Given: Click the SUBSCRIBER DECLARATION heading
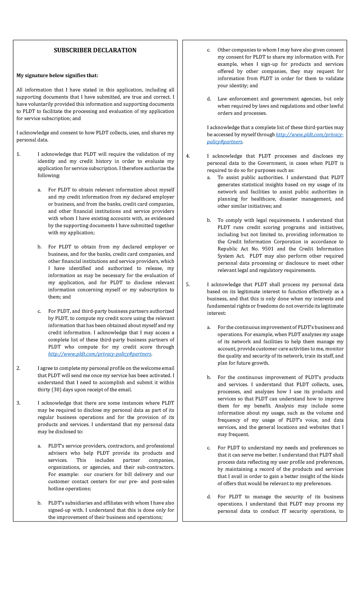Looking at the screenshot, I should coord(95,50).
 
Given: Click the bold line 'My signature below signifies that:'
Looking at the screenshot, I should coord(57,76).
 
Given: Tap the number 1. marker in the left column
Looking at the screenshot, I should coord(19,154).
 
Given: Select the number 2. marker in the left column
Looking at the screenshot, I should coord(19,368).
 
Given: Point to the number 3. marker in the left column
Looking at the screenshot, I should coord(19,403).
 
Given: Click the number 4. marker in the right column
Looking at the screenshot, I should coord(188,156).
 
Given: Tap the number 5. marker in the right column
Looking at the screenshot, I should coord(188,284).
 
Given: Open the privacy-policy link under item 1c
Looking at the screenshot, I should coord(100,354).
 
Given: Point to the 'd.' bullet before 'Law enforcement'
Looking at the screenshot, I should coord(209,99).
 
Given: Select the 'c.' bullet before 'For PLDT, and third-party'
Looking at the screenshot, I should coord(39,311).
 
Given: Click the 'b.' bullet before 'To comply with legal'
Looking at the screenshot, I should coord(209,220).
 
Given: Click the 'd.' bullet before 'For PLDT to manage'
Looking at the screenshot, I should coord(209,497).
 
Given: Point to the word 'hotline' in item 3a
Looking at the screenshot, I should coord(57,489).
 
